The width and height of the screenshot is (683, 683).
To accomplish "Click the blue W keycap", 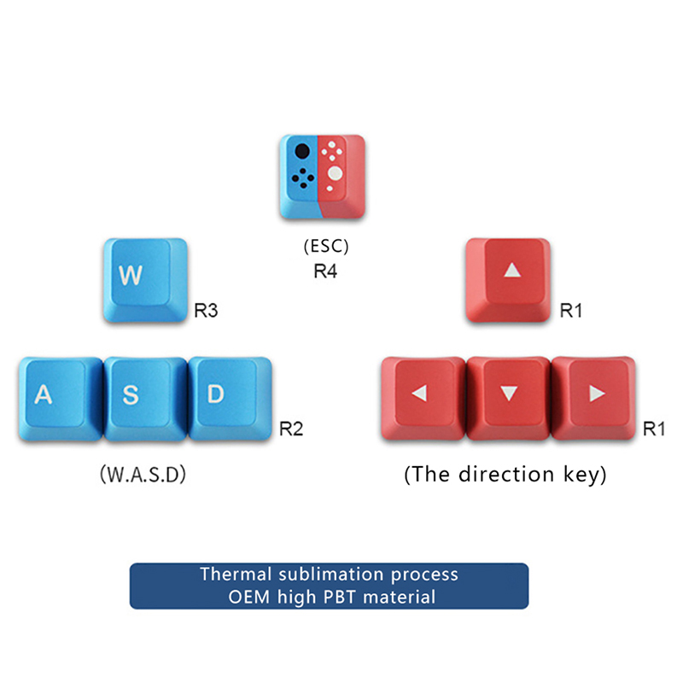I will [144, 279].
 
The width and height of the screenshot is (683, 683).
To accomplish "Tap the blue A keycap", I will [58, 398].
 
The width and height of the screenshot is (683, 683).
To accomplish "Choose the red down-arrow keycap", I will [509, 398].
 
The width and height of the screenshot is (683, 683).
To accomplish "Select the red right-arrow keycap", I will [594, 398].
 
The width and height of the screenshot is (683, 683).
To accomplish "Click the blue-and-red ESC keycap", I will [322, 174].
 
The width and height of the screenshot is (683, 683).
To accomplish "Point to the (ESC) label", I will [326, 248].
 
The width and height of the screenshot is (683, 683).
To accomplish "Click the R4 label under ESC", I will [326, 273].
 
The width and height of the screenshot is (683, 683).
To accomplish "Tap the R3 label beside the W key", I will [206, 311].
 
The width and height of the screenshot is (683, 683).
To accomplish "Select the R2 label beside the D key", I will [291, 429].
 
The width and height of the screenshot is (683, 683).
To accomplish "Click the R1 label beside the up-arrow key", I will [570, 311].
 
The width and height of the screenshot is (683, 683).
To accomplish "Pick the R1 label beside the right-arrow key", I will [654, 429].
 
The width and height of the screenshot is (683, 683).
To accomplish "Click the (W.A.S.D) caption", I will [143, 474].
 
